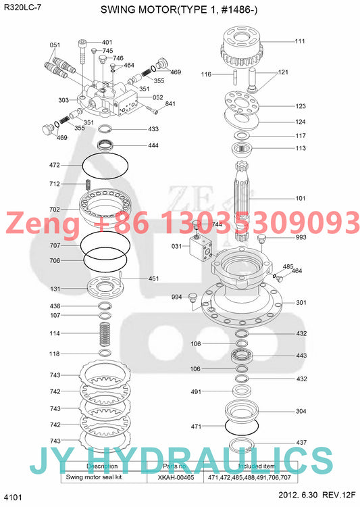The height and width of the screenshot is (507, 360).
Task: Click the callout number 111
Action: click(300, 41)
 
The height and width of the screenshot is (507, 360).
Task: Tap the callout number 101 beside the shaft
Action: click(300, 198)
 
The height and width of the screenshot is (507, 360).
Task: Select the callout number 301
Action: click(301, 302)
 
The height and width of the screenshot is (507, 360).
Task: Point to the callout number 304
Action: click(301, 411)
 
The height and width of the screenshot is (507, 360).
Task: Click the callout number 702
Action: click(55, 210)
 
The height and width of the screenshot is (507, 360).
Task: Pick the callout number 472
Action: click(55, 165)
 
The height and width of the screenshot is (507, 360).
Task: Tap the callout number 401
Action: click(107, 42)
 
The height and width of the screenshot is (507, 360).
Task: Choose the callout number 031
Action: click(176, 246)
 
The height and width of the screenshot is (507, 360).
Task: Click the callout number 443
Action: click(301, 356)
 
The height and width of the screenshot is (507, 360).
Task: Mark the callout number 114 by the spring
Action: click(55, 333)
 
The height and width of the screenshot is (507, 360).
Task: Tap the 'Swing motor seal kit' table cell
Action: click(95, 477)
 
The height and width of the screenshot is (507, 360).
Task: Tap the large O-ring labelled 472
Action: click(105, 165)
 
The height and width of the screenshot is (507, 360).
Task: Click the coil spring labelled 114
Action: click(105, 333)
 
